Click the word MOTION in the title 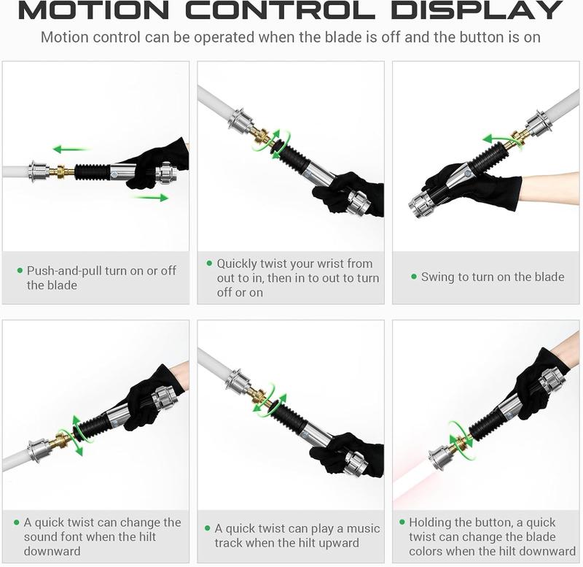[94, 10]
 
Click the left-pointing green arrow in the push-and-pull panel [71, 150]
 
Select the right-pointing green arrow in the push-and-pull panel [152, 197]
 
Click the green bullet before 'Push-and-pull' [20, 270]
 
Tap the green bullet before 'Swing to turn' [414, 277]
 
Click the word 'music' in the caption [363, 528]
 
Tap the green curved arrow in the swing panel [502, 142]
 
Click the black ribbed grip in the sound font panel [94, 425]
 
